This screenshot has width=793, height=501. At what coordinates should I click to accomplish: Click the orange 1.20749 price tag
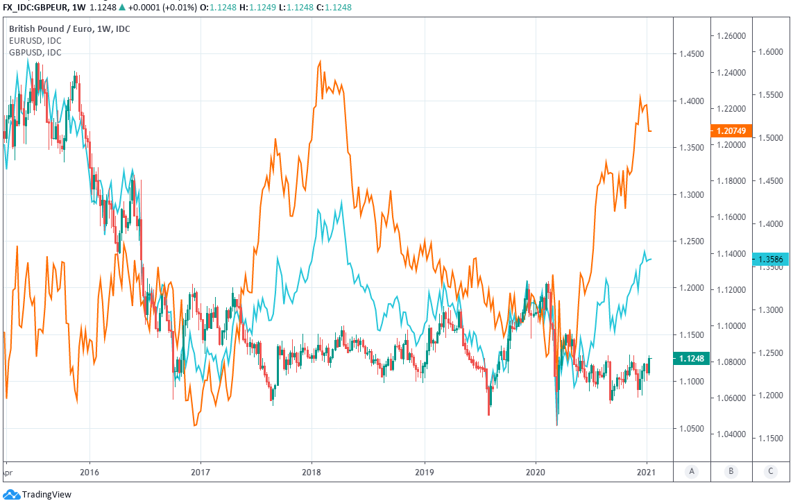tap(731, 130)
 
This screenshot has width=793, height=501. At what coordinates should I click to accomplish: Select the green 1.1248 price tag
tap(692, 358)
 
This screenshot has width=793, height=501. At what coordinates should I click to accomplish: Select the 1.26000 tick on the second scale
tap(731, 36)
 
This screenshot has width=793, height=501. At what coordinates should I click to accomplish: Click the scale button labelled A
tap(692, 472)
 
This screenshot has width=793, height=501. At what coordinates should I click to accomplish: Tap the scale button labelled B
tap(731, 472)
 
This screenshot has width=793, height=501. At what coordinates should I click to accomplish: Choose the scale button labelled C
tap(770, 472)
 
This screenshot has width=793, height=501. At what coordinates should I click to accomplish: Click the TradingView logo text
tap(46, 495)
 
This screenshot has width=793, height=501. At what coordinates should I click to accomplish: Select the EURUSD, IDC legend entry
tap(35, 40)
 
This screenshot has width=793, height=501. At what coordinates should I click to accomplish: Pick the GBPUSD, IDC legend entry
tap(35, 52)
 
